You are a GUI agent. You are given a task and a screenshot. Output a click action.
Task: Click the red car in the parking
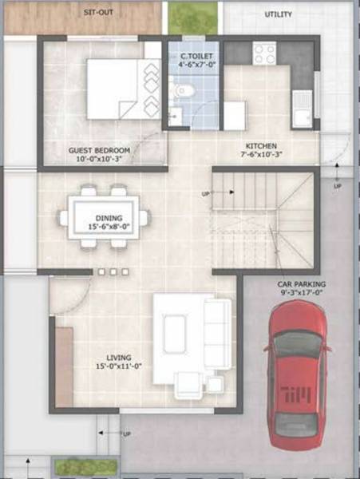[296, 375]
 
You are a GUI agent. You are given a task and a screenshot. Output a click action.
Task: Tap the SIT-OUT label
[97, 13]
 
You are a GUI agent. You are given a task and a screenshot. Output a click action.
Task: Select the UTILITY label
[278, 14]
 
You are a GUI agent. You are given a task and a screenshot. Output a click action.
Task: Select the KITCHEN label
[261, 146]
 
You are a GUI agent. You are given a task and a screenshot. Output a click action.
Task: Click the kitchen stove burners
[264, 53]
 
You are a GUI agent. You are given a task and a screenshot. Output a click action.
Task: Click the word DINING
[109, 217]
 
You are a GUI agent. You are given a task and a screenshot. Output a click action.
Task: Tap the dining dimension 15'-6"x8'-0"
[109, 227]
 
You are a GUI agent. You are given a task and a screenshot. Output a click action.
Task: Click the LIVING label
[120, 357]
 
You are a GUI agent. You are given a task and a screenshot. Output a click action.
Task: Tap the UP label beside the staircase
[206, 194]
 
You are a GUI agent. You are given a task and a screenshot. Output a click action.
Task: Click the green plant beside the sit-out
[192, 18]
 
